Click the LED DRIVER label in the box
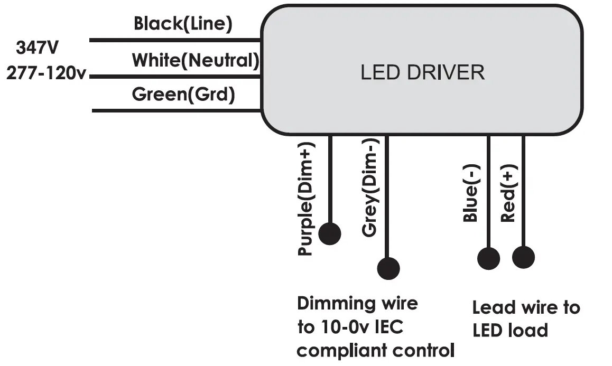pyautogui.click(x=422, y=72)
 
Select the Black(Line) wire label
pyautogui.click(x=183, y=23)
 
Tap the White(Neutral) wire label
pyautogui.click(x=196, y=61)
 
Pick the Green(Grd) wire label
pyautogui.click(x=183, y=95)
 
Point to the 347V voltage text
pyautogui.click(x=37, y=48)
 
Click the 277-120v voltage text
pyautogui.click(x=46, y=73)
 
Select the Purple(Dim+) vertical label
pyautogui.click(x=306, y=199)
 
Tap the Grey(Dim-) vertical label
pyautogui.click(x=370, y=187)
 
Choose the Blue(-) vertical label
pyautogui.click(x=471, y=193)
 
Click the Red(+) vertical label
pyautogui.click(x=508, y=193)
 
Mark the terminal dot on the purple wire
pyautogui.click(x=330, y=234)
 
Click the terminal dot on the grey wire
pyautogui.click(x=388, y=268)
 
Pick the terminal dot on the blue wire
pyautogui.click(x=489, y=258)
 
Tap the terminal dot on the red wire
pyautogui.click(x=523, y=258)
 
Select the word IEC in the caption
pyautogui.click(x=389, y=327)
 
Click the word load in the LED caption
pyautogui.click(x=530, y=331)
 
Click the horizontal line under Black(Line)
pyautogui.click(x=175, y=40)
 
